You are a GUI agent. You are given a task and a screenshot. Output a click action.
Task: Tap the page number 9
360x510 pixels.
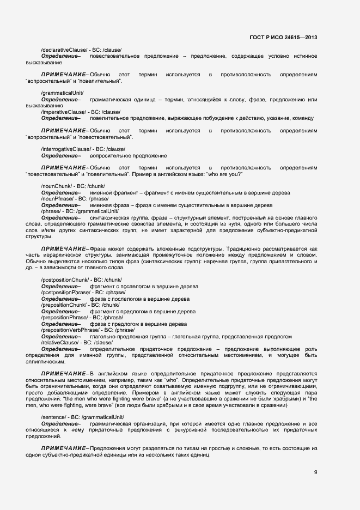[x=315, y=472]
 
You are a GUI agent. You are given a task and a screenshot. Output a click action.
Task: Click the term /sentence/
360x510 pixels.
[x=53, y=417]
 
